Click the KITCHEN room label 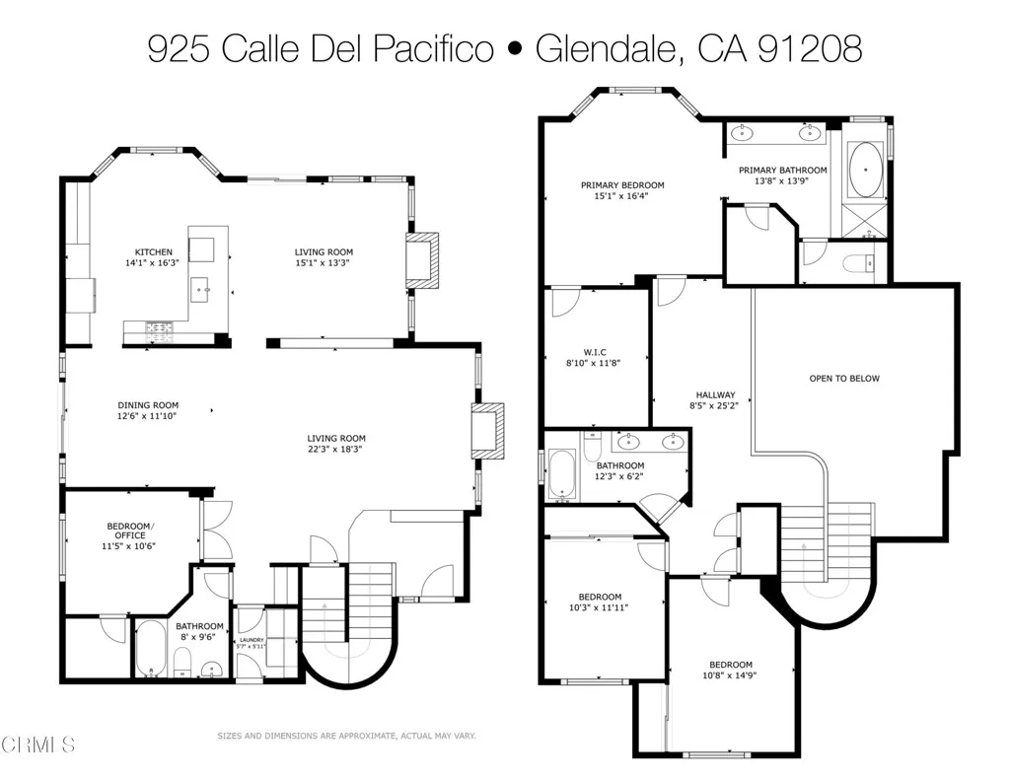coord(154,251)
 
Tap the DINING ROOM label coord(148,405)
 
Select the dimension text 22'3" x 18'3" coord(335,450)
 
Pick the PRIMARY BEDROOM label coord(621,184)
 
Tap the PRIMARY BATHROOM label coord(783,170)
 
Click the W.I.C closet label coord(594,351)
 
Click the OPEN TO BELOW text coord(843,378)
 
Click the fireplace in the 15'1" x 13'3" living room coord(422,261)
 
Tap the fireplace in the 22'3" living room coord(488,430)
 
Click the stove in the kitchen coord(160,328)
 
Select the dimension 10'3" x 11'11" coord(600,607)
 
